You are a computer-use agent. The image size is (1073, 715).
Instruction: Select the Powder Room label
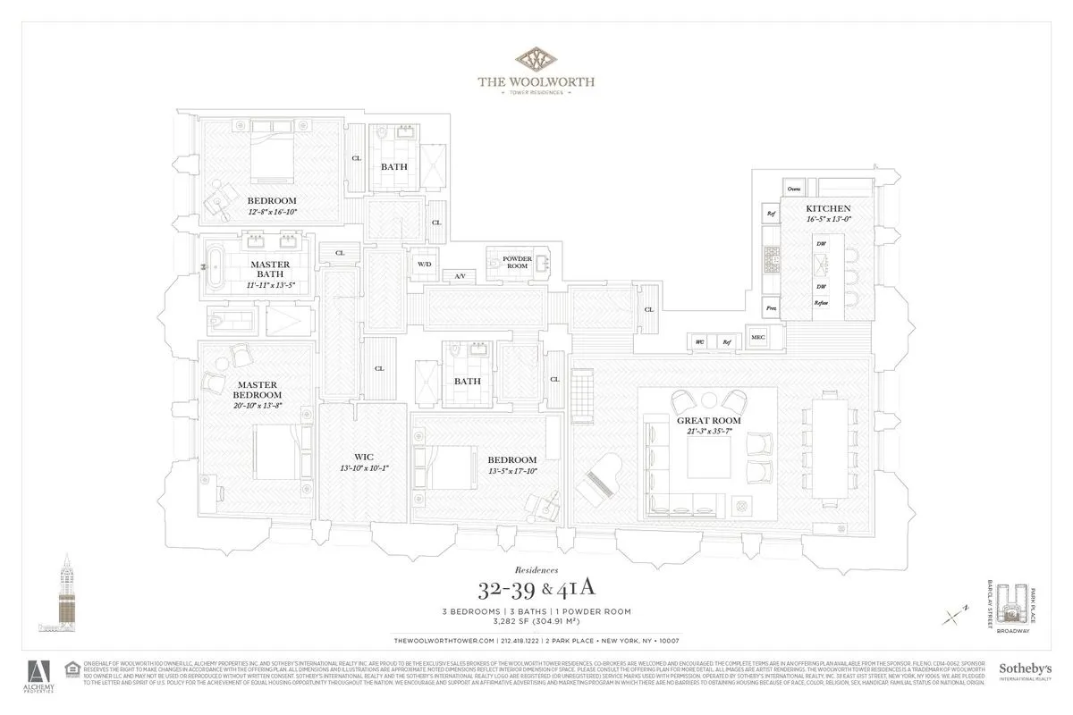point(517,263)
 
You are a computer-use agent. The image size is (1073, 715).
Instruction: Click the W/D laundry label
point(424,265)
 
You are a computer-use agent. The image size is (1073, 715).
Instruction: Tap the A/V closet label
point(460,276)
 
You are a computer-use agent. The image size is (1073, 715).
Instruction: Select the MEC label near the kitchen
point(757,338)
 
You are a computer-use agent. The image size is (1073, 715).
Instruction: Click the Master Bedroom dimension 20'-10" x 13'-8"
point(257,406)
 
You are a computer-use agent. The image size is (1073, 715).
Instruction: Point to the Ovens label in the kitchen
point(793,189)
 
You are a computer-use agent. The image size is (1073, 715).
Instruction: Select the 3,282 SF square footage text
point(536,623)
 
